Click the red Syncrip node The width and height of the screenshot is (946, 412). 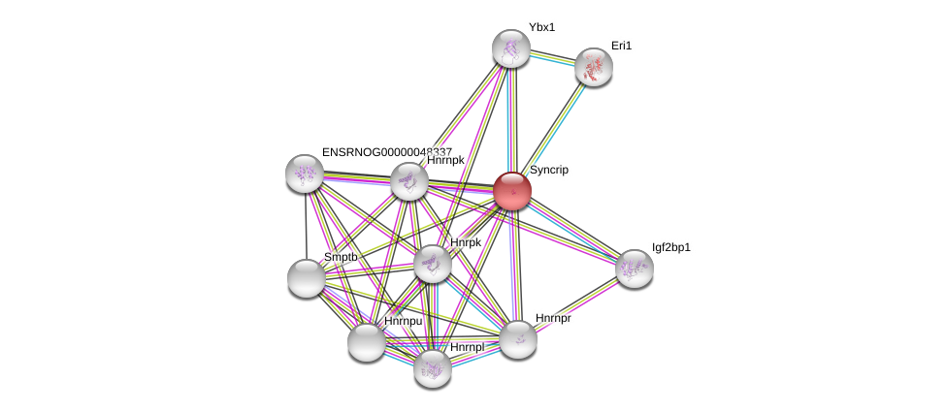[x=511, y=190]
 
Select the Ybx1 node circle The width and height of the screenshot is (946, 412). [x=510, y=48]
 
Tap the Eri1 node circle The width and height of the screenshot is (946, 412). [x=593, y=67]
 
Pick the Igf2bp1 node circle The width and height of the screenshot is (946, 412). [x=634, y=269]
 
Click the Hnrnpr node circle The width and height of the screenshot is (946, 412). [x=518, y=338]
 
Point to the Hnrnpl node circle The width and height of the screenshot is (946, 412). [x=433, y=367]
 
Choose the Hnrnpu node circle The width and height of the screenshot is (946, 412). [x=367, y=341]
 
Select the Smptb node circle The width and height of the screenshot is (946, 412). [x=307, y=278]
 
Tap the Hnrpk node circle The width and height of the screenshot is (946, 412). [x=433, y=263]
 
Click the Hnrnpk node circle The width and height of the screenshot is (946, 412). [x=409, y=181]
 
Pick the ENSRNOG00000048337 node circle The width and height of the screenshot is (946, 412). [x=305, y=173]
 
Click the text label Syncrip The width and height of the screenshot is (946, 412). [x=549, y=170]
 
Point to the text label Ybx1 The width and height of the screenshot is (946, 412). [x=541, y=27]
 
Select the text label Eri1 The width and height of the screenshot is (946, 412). [x=621, y=46]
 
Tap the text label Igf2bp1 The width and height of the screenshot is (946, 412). [x=671, y=247]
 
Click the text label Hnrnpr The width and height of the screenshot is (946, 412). [x=553, y=318]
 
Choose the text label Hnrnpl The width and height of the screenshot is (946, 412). [x=467, y=347]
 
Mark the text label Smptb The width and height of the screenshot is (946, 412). [x=341, y=257]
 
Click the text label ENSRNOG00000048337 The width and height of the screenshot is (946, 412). [x=387, y=152]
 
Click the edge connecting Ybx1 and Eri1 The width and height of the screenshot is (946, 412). [x=552, y=58]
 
